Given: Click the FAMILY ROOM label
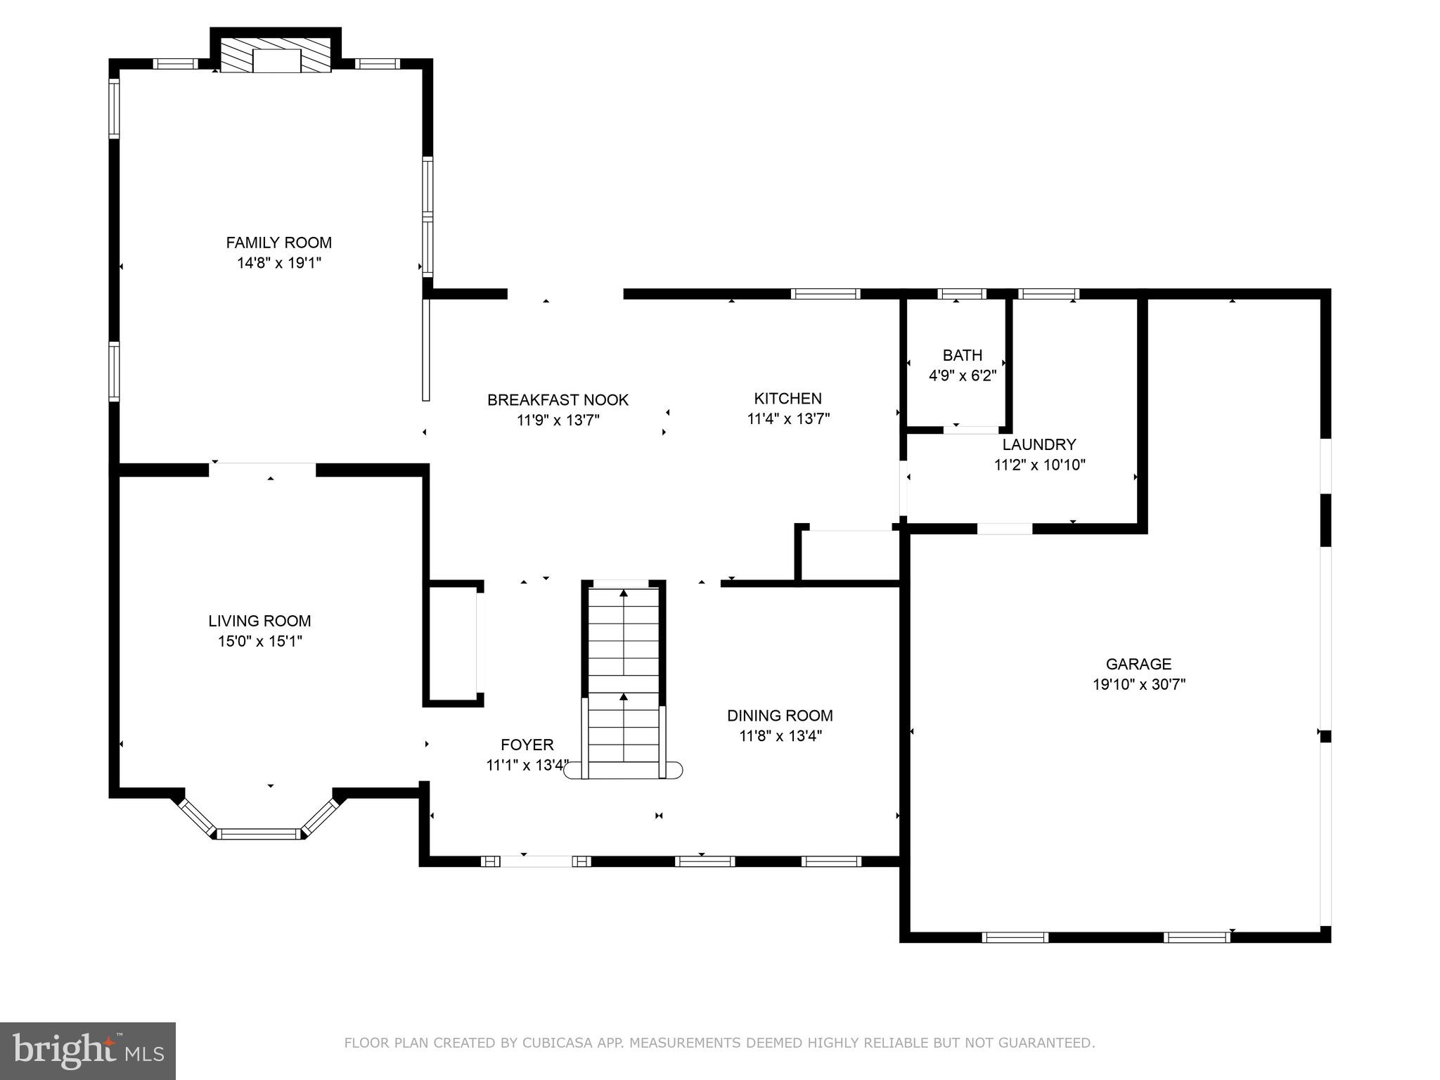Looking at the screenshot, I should (x=278, y=243).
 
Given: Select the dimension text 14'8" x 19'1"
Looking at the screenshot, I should (x=278, y=263).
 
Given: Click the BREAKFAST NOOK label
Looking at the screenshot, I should (x=558, y=400).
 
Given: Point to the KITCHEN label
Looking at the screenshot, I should (x=787, y=399).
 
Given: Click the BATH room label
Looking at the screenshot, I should (x=962, y=355).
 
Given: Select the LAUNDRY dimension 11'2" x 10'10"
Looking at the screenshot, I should (x=1039, y=465).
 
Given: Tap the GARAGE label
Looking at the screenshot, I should (x=1138, y=664).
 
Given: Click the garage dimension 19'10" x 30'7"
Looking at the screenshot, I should (x=1138, y=684).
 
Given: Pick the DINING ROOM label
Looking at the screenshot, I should (x=780, y=716).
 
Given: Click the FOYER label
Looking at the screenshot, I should (x=527, y=745).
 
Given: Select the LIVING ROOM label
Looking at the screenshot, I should (x=259, y=621).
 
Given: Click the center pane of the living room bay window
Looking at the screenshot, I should (x=259, y=834).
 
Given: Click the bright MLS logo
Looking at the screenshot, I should (x=88, y=1050).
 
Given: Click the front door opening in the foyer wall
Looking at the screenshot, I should (x=536, y=861).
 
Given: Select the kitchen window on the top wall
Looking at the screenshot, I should (x=825, y=294).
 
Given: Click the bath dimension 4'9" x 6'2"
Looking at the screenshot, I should (x=962, y=375).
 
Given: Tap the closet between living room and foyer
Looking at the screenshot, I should (x=452, y=643).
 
